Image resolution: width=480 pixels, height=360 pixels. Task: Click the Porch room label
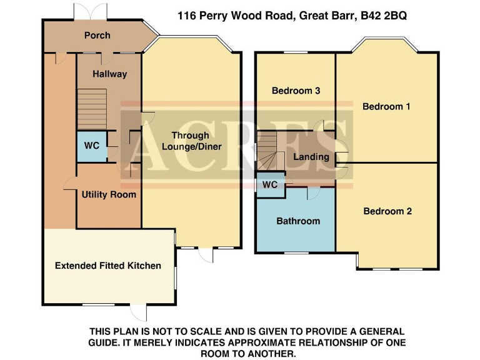click(x=97, y=36)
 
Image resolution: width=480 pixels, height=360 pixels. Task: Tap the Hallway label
click(x=109, y=74)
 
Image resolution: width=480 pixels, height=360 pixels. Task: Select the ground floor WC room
click(x=91, y=146)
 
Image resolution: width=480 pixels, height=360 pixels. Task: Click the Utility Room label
click(x=109, y=194)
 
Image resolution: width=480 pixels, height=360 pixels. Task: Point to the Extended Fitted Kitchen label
click(x=107, y=266)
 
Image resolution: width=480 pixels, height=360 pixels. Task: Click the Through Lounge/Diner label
click(x=191, y=141)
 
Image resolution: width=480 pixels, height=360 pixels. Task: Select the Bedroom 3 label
click(x=296, y=91)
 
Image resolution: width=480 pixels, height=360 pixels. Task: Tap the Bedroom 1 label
click(x=386, y=106)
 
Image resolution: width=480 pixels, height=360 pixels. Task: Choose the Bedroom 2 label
click(x=387, y=211)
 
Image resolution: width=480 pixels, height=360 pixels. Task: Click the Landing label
click(x=311, y=157)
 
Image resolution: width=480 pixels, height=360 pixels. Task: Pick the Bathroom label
click(x=298, y=221)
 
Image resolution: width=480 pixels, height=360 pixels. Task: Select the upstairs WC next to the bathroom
click(x=270, y=186)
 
